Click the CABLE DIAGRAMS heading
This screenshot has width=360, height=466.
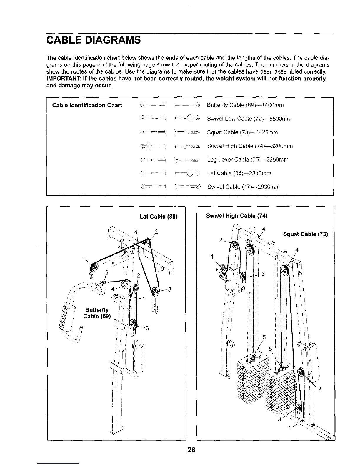point(94,39)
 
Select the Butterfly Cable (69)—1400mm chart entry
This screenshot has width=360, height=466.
point(245,105)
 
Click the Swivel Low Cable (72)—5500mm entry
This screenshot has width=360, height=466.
point(249,119)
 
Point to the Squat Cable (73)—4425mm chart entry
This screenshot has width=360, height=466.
point(242,132)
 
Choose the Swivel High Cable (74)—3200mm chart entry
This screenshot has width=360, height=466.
point(250,146)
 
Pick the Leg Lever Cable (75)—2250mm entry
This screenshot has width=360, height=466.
point(248,160)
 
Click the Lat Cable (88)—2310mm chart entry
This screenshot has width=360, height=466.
point(239,173)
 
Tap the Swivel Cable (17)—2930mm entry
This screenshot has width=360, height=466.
point(244,187)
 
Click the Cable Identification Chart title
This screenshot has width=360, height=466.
point(87,105)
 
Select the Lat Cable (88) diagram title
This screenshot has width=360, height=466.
point(159,217)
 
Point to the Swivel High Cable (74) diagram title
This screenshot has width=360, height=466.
point(237,216)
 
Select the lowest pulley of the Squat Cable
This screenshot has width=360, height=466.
point(299,409)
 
